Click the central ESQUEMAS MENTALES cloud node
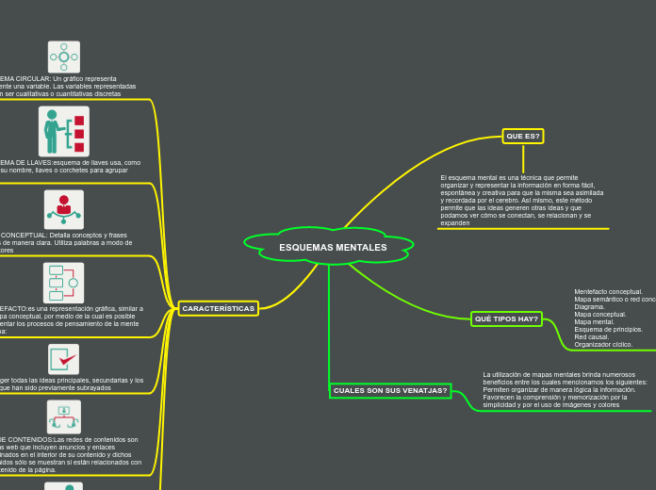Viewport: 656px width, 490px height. (332, 247)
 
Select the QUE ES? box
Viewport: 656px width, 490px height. (523, 136)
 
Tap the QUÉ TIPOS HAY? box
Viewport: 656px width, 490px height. (506, 319)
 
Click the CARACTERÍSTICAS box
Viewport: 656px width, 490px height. (218, 308)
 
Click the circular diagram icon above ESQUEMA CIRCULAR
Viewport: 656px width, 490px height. (64, 57)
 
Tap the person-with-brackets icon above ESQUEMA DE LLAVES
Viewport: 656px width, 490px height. (64, 131)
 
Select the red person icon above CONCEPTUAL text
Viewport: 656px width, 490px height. (64, 208)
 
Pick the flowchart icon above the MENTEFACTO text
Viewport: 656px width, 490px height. (64, 283)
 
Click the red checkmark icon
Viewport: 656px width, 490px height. (64, 358)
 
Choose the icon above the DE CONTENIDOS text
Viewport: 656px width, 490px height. (64, 416)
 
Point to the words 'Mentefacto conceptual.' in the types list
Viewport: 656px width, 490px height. (608, 292)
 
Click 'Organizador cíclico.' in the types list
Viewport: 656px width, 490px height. (604, 345)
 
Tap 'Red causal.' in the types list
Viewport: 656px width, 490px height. (592, 337)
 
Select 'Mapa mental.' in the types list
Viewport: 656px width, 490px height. (595, 322)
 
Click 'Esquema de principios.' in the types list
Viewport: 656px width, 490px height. (608, 330)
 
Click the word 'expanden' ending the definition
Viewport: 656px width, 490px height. (455, 223)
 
